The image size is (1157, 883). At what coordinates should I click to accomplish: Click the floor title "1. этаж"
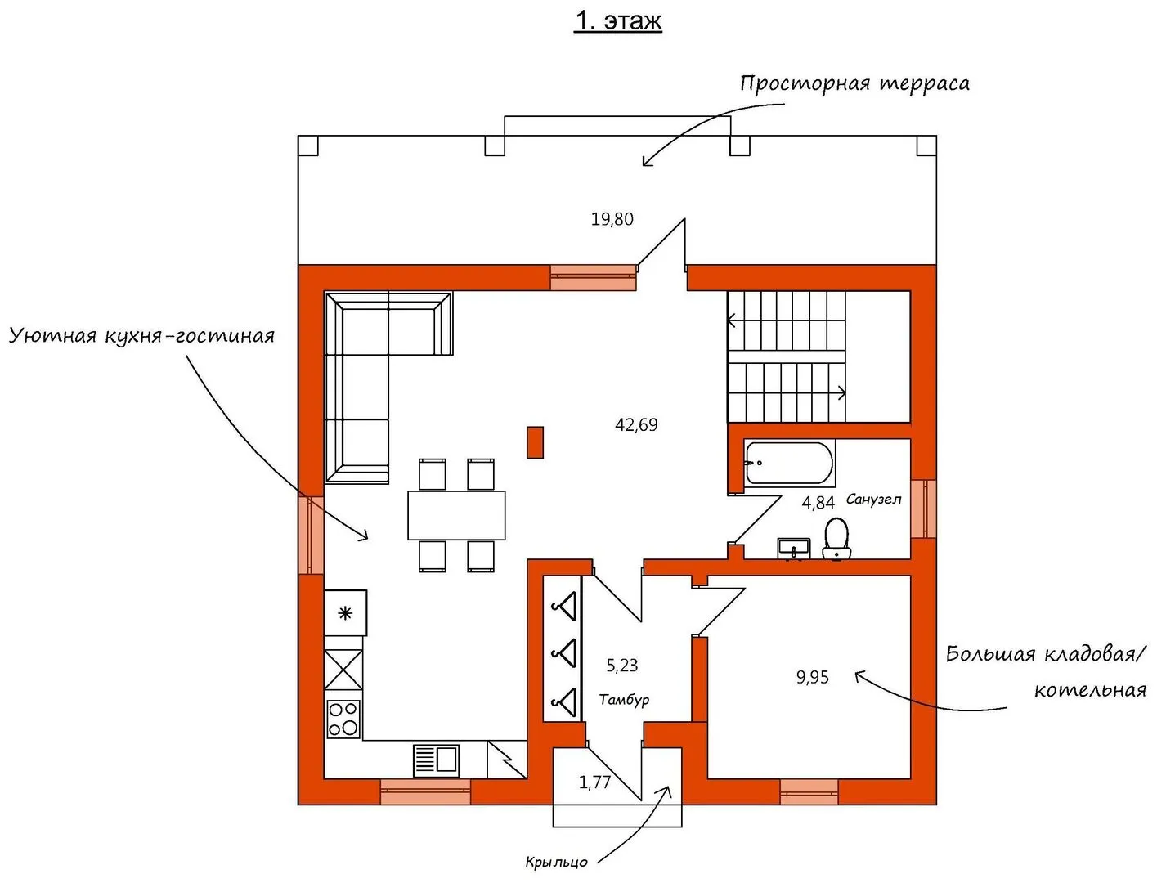click(618, 21)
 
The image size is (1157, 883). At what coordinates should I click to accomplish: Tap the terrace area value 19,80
click(612, 219)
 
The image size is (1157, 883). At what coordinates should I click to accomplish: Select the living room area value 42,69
click(636, 424)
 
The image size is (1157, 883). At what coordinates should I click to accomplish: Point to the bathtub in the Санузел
click(789, 463)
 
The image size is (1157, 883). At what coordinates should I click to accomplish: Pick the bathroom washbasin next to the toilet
click(794, 549)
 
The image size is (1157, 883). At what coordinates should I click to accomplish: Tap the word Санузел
click(874, 499)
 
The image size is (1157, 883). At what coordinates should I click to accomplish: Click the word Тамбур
click(624, 700)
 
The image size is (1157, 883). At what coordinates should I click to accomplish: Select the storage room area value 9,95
click(812, 677)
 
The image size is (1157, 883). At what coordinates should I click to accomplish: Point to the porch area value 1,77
click(594, 782)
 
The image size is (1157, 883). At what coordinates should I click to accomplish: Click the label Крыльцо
click(556, 862)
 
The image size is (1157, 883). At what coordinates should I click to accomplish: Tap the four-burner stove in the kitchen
click(343, 718)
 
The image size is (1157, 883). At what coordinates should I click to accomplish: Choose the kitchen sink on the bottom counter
click(436, 760)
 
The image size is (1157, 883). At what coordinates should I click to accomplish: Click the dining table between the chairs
click(456, 515)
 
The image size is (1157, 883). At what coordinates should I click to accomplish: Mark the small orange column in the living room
click(535, 442)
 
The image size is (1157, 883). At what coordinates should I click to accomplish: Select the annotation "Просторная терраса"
click(854, 84)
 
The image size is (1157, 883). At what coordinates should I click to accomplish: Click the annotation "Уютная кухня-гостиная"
click(141, 335)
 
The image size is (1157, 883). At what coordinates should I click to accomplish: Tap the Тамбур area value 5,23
click(622, 666)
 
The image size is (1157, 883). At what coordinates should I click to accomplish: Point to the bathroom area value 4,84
click(818, 503)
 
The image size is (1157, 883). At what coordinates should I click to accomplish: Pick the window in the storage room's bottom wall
click(809, 792)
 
